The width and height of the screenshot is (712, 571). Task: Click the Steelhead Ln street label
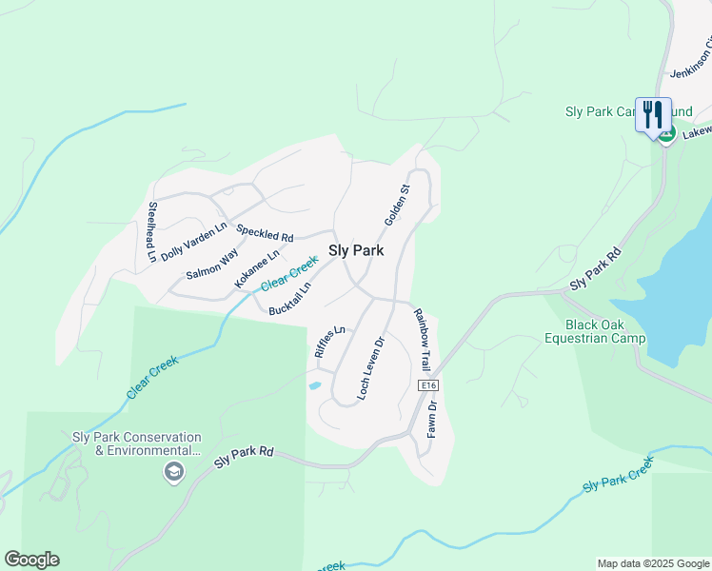click(x=150, y=231)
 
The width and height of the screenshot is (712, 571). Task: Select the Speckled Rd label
click(x=265, y=232)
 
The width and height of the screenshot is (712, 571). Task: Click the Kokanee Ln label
click(x=257, y=270)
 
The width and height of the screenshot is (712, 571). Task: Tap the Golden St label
click(x=397, y=205)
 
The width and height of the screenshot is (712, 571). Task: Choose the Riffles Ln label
click(x=327, y=342)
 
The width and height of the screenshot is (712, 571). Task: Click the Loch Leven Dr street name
click(x=370, y=367)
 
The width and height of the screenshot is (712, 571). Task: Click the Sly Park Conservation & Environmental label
click(x=137, y=443)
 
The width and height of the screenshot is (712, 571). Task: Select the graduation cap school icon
click(x=173, y=471)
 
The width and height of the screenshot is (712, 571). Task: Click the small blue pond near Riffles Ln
click(x=314, y=386)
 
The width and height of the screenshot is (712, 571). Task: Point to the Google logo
click(x=31, y=560)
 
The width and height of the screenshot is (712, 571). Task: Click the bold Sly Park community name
click(x=356, y=251)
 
